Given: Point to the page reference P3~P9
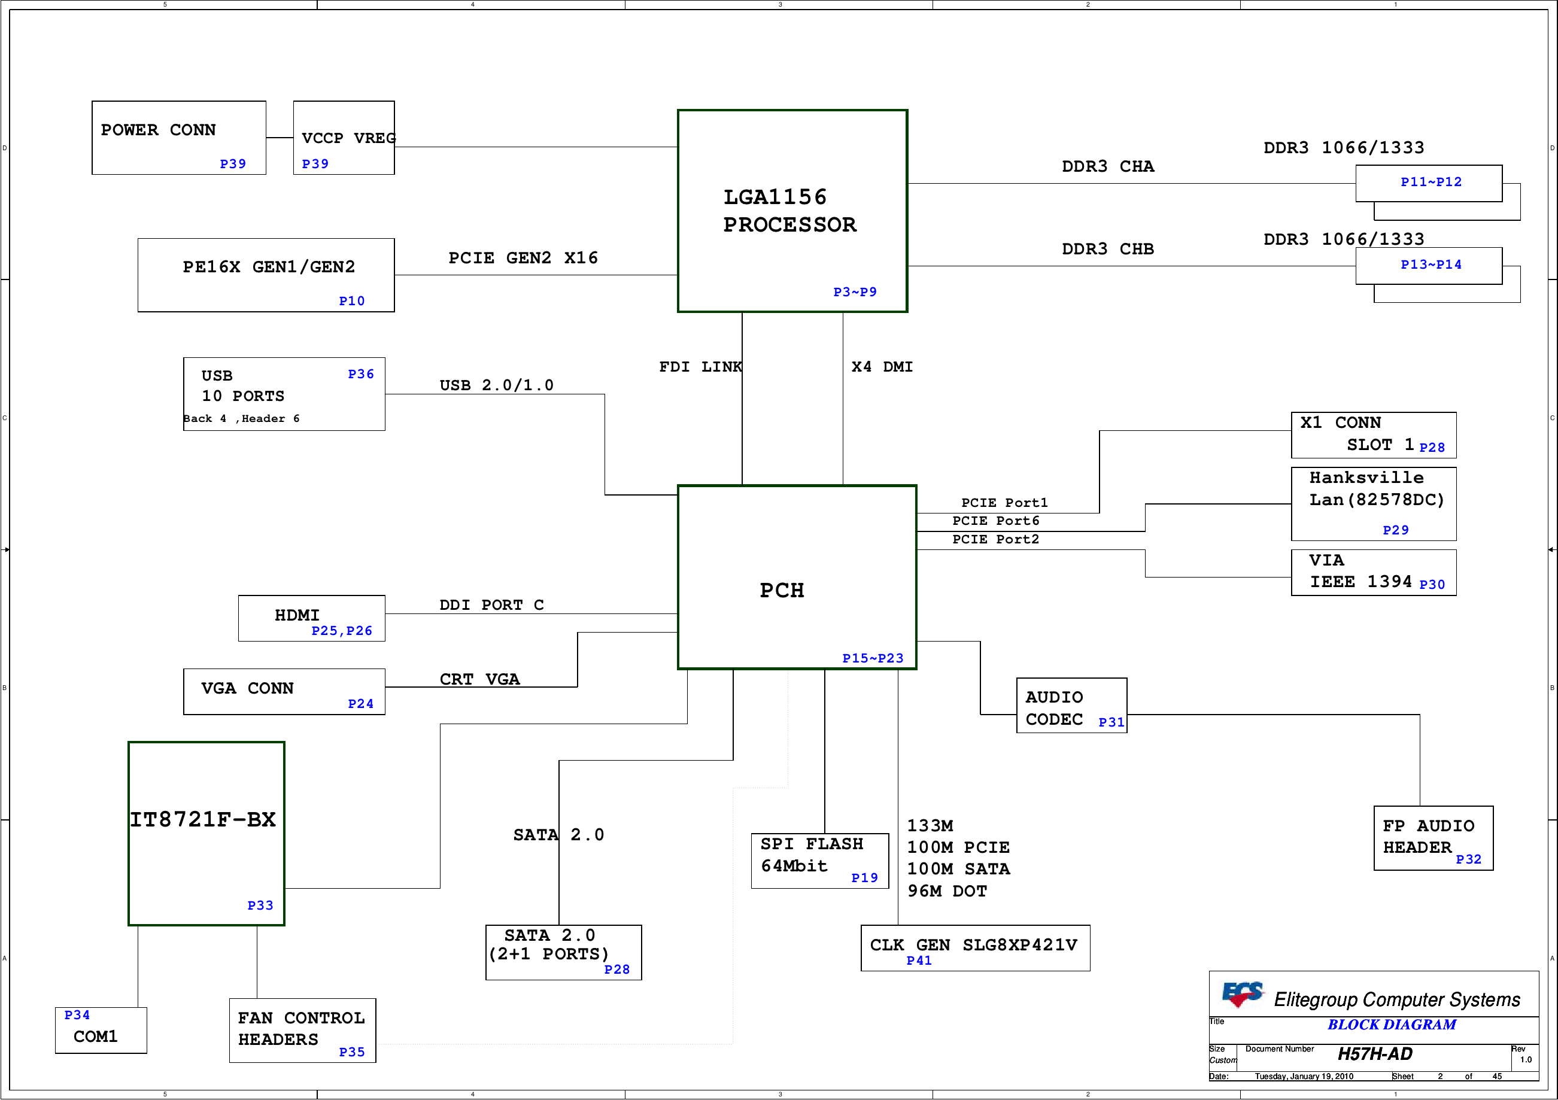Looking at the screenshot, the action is (x=855, y=292).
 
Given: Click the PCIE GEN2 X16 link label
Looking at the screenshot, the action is (x=523, y=258).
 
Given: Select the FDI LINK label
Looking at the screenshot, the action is (x=700, y=366).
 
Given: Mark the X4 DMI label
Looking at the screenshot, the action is (x=882, y=366).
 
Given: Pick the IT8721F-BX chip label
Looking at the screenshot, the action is (x=203, y=820).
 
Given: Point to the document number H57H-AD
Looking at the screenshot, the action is (x=1375, y=1054).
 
